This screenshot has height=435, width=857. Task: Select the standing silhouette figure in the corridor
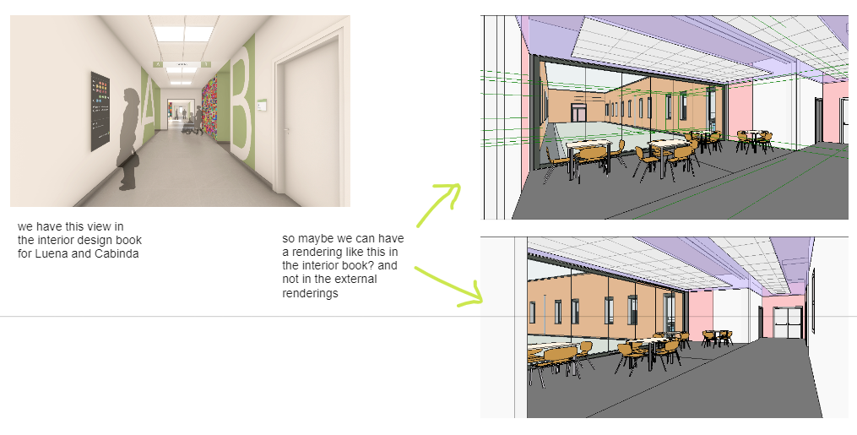(x=128, y=139)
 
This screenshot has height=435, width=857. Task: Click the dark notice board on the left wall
(x=100, y=111)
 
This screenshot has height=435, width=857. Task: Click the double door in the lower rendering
(x=788, y=323)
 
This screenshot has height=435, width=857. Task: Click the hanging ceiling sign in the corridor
(x=182, y=64)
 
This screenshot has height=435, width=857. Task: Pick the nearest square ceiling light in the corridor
(x=183, y=34)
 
